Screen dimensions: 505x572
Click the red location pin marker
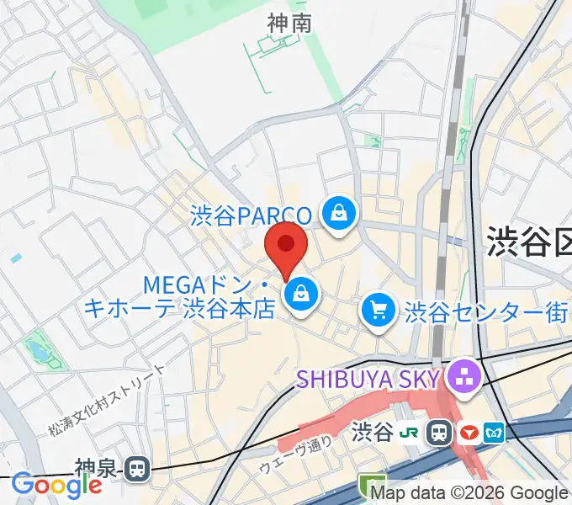pyautogui.click(x=286, y=247)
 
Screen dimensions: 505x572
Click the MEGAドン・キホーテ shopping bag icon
pyautogui.click(x=299, y=295)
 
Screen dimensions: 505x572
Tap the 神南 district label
pyautogui.click(x=289, y=24)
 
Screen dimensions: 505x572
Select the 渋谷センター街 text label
pyautogui.click(x=485, y=313)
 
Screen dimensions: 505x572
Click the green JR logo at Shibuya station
pyautogui.click(x=410, y=433)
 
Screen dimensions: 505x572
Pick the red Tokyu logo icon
pyautogui.click(x=469, y=433)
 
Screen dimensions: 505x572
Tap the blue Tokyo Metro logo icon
pyautogui.click(x=495, y=433)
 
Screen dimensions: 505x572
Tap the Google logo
pyautogui.click(x=56, y=485)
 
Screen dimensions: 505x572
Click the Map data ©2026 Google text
pyautogui.click(x=469, y=493)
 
